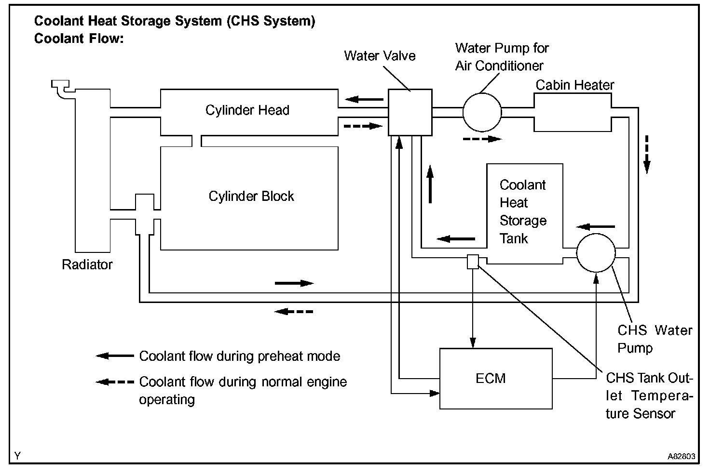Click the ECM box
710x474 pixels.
tap(496, 379)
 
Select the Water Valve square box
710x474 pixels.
tap(410, 112)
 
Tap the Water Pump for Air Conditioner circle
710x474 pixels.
tap(482, 112)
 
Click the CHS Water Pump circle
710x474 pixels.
tap(596, 253)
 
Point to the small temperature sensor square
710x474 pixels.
tap(473, 262)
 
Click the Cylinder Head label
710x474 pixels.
tap(247, 110)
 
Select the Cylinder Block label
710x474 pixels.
tap(251, 197)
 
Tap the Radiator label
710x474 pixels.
tap(87, 265)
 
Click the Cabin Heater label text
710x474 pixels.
tap(574, 85)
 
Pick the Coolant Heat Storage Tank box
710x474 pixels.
tap(525, 214)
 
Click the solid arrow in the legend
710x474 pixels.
tap(115, 356)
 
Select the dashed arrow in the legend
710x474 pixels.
tap(115, 382)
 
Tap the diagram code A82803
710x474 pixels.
tap(681, 456)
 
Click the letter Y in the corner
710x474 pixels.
tap(17, 456)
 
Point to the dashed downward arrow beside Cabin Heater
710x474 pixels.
tap(647, 155)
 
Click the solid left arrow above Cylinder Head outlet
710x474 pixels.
tap(364, 99)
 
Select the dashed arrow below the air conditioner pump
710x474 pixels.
tap(482, 139)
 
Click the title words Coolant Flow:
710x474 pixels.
tap(79, 39)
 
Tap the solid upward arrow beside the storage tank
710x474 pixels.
tap(430, 184)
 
